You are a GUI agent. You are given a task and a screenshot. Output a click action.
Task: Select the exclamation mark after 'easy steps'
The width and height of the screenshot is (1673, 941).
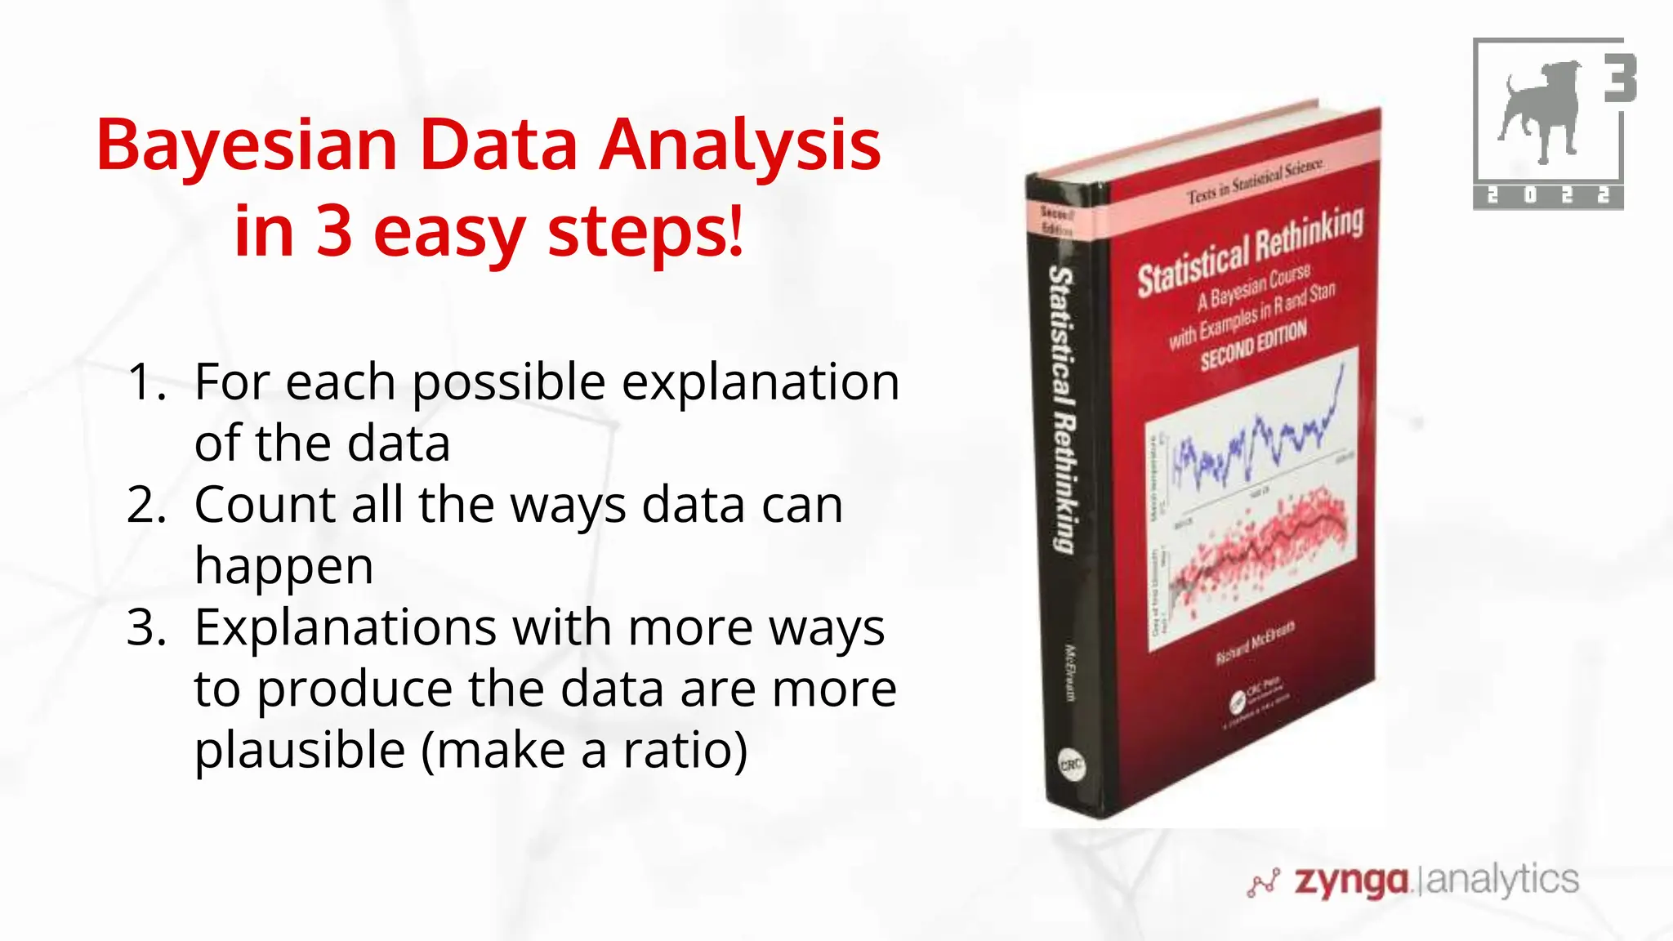point(737,232)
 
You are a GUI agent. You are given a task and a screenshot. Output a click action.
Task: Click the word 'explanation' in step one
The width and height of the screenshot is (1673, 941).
point(761,382)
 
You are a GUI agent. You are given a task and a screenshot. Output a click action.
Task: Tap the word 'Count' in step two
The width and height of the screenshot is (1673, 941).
point(265,505)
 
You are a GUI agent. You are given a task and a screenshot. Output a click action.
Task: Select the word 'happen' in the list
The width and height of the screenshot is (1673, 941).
point(283,566)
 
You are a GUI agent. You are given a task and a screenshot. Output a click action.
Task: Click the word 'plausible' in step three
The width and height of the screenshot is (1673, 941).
point(300,750)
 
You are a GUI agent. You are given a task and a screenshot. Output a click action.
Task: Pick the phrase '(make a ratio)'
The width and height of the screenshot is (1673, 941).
point(584,750)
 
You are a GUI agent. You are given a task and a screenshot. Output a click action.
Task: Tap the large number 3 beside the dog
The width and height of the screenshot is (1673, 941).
point(1619,78)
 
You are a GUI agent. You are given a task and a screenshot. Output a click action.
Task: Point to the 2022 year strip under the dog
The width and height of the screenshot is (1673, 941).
point(1548,196)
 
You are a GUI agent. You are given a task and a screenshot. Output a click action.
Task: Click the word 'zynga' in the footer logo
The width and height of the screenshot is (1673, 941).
point(1352,881)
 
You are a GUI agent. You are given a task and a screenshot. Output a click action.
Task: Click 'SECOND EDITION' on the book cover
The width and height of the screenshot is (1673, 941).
point(1254,346)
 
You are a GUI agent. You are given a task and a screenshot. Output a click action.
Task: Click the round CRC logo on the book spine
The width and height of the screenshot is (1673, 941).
point(1071,765)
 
